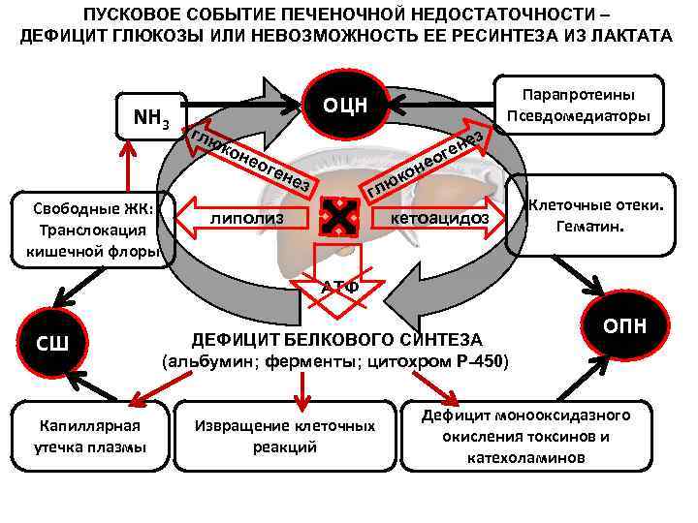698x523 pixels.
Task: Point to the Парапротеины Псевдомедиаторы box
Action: [x=578, y=107]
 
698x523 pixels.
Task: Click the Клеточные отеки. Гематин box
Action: [x=594, y=216]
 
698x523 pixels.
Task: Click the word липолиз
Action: [x=247, y=219]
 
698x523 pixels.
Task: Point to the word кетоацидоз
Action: [x=438, y=219]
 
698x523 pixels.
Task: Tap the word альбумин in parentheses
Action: [x=209, y=362]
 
